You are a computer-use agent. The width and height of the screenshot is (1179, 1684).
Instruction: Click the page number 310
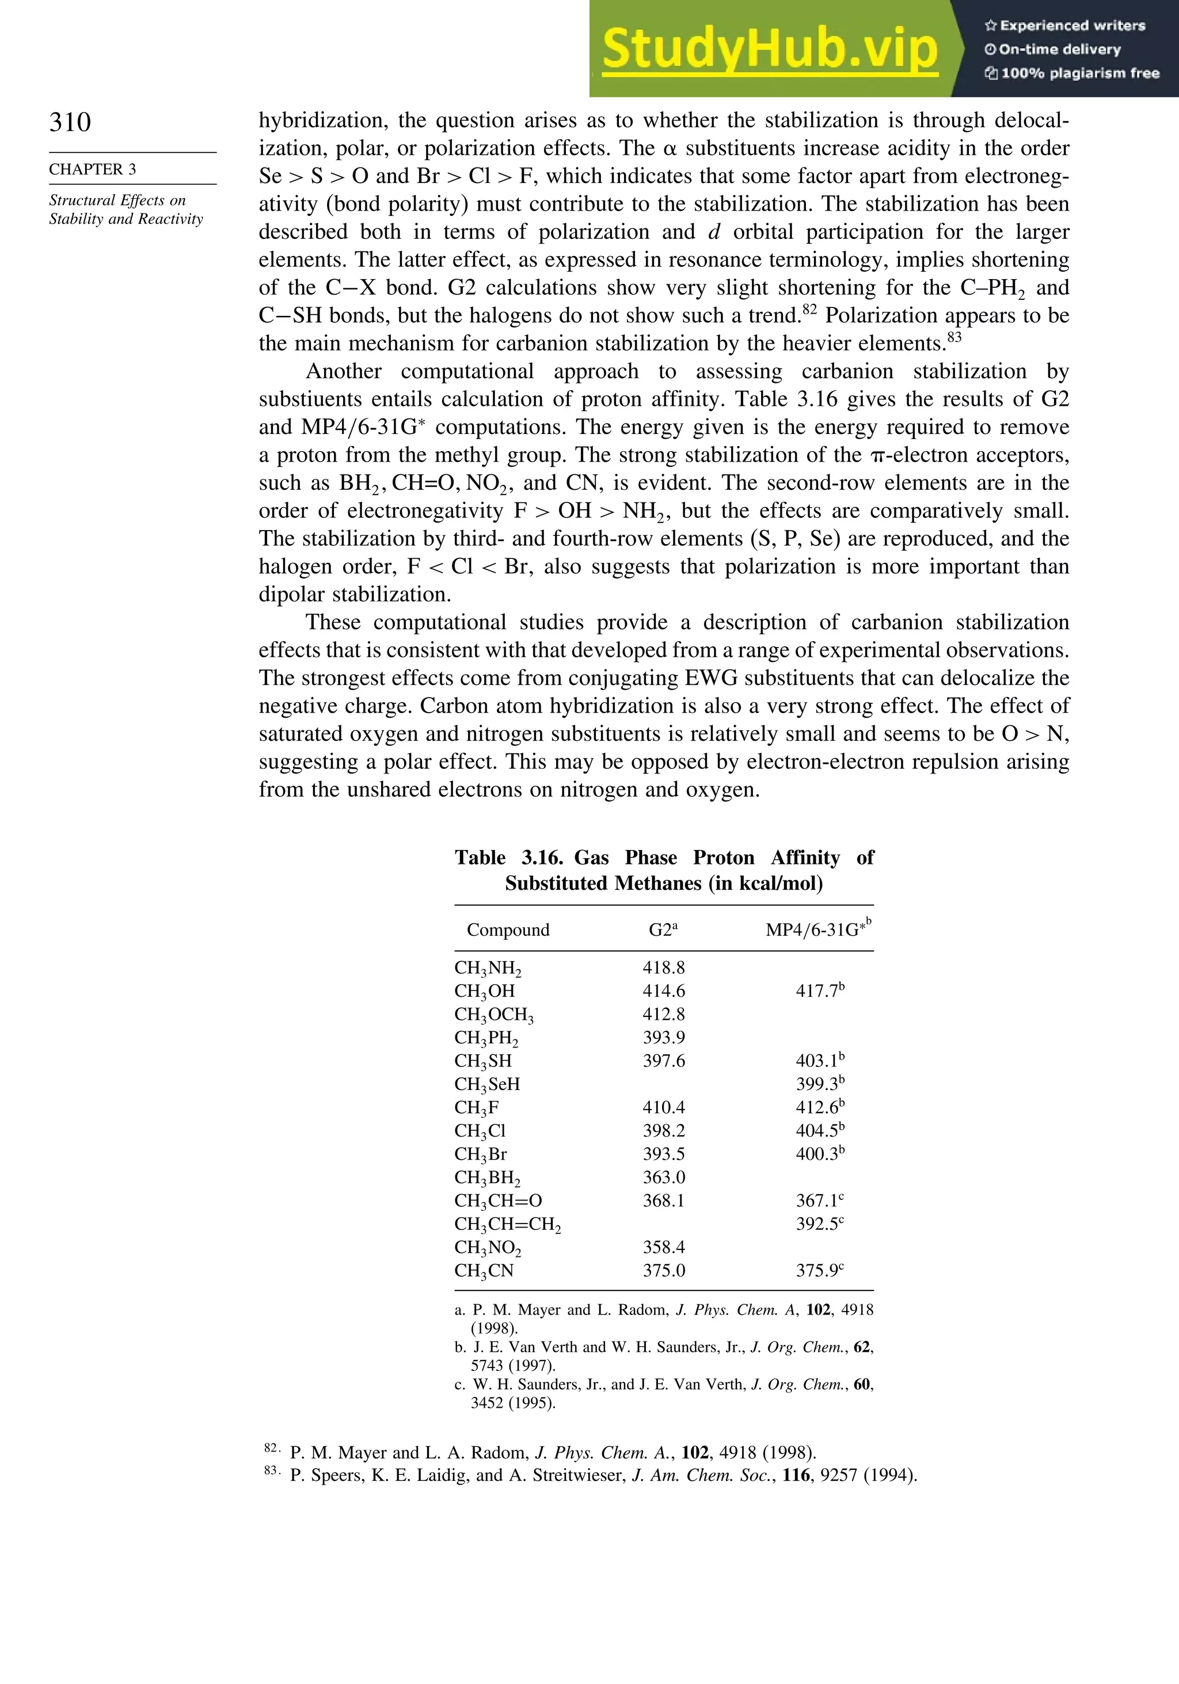click(70, 122)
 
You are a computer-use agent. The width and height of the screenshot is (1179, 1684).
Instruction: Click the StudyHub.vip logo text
click(770, 49)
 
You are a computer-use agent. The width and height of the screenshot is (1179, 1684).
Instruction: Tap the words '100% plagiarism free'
click(1079, 73)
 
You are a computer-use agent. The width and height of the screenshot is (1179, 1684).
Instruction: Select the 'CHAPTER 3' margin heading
click(93, 169)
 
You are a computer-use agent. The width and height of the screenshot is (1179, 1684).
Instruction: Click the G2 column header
click(663, 929)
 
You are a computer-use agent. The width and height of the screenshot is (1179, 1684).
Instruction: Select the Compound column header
click(508, 930)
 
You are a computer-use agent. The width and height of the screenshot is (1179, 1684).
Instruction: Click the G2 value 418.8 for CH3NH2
click(663, 967)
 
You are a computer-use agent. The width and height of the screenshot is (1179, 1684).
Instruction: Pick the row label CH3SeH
click(486, 1084)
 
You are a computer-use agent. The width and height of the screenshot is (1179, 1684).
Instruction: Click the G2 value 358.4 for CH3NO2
click(663, 1247)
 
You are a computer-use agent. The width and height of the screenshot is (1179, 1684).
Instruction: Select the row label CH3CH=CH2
click(507, 1224)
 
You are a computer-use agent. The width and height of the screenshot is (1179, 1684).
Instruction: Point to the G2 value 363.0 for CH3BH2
click(663, 1177)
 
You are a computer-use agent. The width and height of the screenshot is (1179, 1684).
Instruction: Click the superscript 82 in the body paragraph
click(809, 310)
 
